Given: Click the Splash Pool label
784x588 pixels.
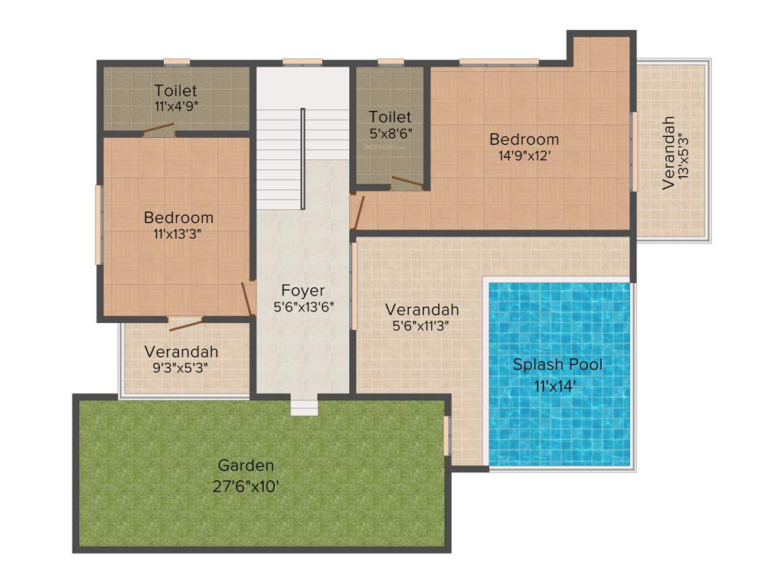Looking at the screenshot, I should click(557, 364).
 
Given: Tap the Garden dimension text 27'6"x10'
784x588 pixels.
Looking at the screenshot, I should click(246, 485).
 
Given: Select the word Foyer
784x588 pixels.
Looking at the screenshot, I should click(302, 290).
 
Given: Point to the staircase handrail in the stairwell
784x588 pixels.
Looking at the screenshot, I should click(303, 158).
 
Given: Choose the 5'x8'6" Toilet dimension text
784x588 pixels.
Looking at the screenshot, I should click(390, 132).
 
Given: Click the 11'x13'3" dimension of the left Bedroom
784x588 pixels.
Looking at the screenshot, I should click(178, 234).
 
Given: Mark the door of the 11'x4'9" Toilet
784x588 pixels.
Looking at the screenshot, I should click(158, 131).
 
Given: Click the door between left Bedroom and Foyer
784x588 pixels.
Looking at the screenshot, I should click(248, 299).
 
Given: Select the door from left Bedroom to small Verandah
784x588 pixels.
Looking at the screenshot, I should click(185, 324).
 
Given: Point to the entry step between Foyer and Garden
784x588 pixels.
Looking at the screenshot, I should click(304, 407).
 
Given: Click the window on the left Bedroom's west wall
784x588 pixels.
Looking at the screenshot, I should click(98, 225).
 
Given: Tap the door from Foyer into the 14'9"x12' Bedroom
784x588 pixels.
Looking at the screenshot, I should click(357, 212).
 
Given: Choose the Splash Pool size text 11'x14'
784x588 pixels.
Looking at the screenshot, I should click(556, 386).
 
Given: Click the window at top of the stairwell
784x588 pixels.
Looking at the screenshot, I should click(302, 62).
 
